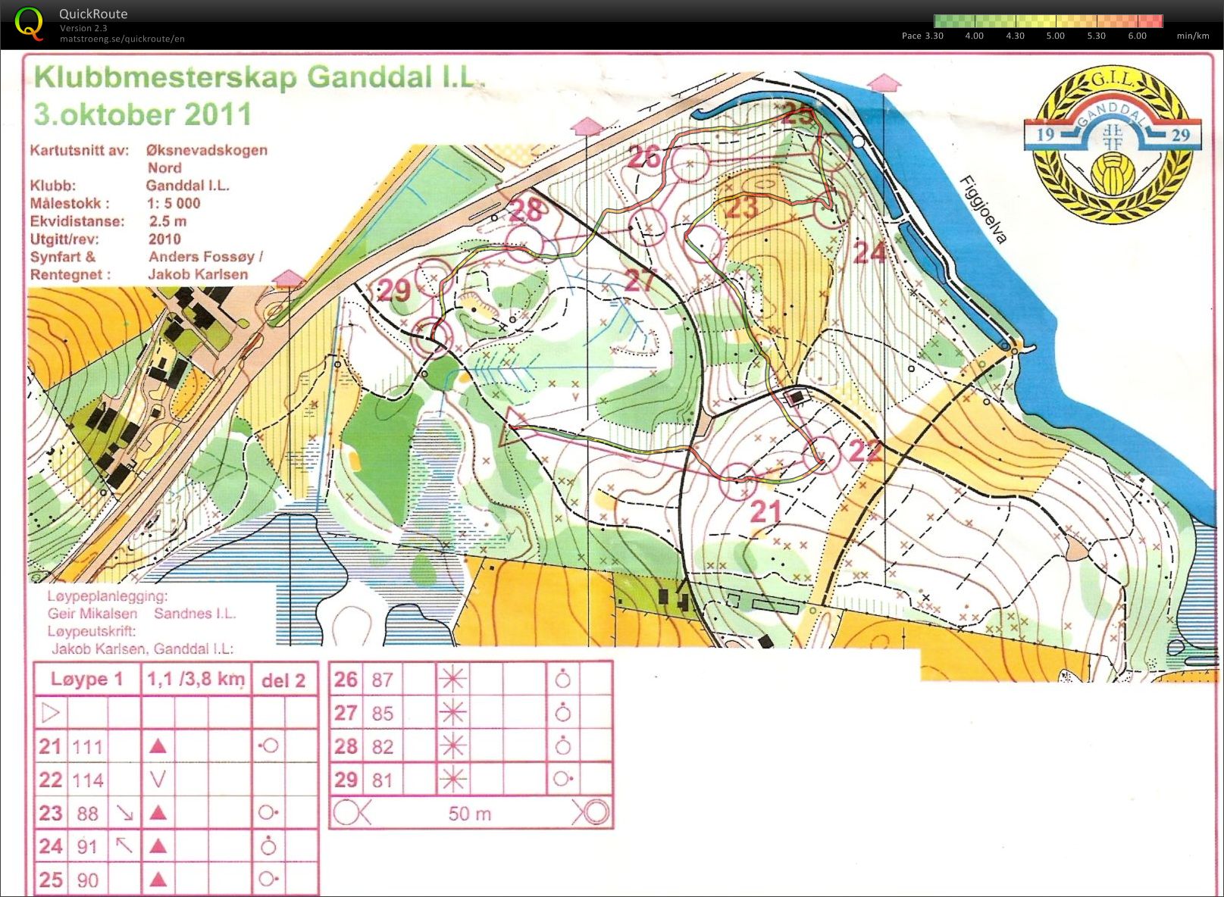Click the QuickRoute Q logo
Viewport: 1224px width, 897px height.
29,23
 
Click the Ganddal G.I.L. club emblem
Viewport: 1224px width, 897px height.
1112,144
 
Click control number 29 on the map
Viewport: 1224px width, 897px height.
393,289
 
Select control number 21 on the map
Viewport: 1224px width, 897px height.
765,512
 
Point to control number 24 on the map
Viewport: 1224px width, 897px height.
869,252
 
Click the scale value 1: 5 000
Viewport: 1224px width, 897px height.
174,203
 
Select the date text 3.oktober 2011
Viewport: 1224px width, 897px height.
142,114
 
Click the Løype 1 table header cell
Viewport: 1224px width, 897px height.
86,679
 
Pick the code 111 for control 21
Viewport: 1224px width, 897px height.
87,747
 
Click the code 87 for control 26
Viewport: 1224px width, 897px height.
382,680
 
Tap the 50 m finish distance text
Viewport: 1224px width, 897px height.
469,814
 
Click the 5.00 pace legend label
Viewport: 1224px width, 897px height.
1055,36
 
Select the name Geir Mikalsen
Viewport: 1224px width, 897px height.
92,614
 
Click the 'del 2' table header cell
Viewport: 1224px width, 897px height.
283,680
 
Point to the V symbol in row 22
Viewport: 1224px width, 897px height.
158,779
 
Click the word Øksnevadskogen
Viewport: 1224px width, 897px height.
206,150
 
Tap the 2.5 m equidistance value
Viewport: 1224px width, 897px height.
167,221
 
